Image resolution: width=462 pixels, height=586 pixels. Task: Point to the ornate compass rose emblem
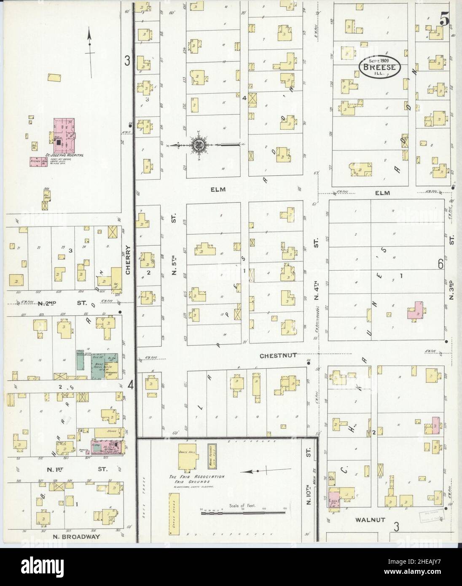pyautogui.click(x=198, y=145)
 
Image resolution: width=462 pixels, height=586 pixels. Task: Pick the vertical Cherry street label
pyautogui.click(x=128, y=260)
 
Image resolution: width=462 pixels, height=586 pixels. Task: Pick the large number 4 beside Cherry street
pyautogui.click(x=131, y=385)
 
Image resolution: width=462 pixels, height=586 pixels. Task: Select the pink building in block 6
pyautogui.click(x=416, y=311)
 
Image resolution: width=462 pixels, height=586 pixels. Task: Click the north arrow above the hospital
pyautogui.click(x=89, y=53)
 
